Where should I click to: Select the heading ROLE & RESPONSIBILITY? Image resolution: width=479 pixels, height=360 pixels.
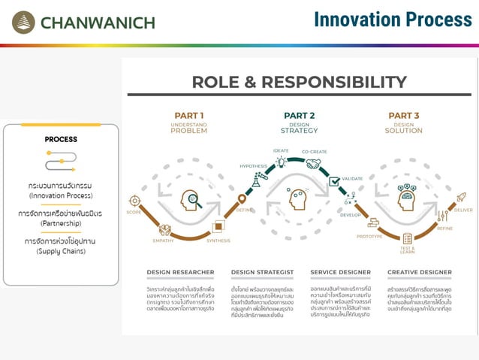[x=299, y=82]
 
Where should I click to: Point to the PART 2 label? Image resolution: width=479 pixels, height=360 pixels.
[x=299, y=115]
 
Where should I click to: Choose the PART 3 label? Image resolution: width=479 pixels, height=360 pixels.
[x=403, y=115]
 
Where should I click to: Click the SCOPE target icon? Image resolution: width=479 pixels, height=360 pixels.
[x=135, y=200]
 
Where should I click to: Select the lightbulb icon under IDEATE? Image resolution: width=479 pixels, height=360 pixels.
[x=281, y=162]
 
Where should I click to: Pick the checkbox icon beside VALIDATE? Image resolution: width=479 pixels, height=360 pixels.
[x=334, y=181]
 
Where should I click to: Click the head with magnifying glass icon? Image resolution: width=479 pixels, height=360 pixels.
[x=191, y=200]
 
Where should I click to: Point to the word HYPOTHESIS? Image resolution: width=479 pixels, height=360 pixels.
[x=253, y=165]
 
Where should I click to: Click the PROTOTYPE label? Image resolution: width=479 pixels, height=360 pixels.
[x=369, y=237]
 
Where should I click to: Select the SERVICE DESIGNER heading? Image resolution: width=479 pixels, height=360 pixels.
[x=340, y=272]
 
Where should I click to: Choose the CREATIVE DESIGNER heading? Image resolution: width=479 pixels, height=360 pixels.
[x=419, y=272]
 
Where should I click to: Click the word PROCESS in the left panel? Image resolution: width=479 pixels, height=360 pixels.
[x=61, y=139]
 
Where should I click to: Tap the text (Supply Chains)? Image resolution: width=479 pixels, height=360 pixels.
[x=61, y=251]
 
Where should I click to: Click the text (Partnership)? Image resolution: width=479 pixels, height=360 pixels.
[x=61, y=223]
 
